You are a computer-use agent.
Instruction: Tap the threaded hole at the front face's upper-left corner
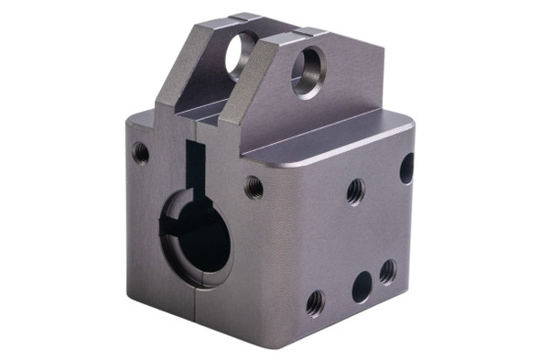click(x=140, y=153)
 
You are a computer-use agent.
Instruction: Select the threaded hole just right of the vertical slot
click(x=254, y=188)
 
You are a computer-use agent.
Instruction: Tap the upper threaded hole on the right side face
click(x=355, y=191)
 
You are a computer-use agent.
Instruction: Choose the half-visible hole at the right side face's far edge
click(x=406, y=168)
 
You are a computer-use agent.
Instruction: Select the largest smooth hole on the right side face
click(x=362, y=287)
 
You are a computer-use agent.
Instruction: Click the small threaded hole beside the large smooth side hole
click(x=388, y=271)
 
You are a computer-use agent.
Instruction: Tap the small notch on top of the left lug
click(x=241, y=16)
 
